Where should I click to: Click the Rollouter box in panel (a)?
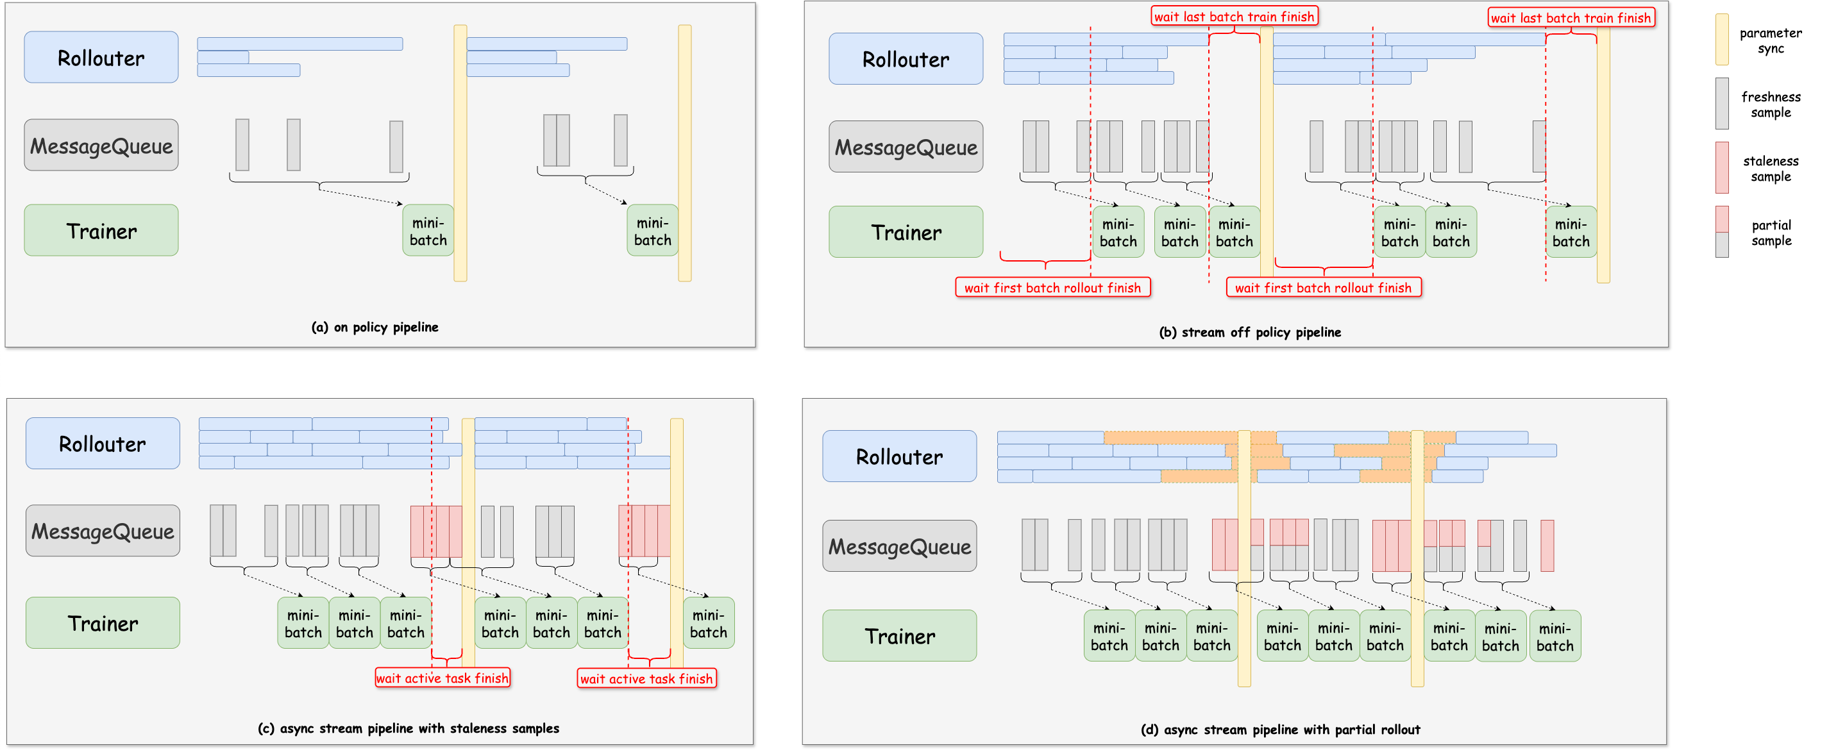(101, 57)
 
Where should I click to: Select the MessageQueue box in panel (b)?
(906, 146)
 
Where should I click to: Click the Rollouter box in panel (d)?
(899, 456)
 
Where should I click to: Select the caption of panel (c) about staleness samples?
(408, 728)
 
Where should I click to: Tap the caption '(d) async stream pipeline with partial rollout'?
(1279, 729)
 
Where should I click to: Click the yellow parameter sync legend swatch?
(1722, 39)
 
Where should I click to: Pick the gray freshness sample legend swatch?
(1722, 104)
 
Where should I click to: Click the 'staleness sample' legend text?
(1770, 168)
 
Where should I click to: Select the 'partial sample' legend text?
(1771, 233)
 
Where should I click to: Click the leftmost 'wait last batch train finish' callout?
(1233, 16)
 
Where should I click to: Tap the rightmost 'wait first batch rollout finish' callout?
(1323, 287)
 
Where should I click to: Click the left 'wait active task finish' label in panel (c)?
(442, 678)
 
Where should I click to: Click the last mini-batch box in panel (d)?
(1555, 636)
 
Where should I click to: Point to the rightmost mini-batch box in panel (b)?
(1571, 232)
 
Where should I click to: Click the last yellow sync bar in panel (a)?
(684, 153)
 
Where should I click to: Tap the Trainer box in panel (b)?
(906, 232)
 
